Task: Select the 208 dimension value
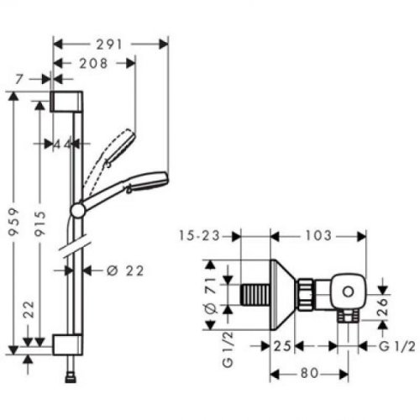[95, 63]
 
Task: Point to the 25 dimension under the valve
[282, 344]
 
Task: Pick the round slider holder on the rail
[77, 209]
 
